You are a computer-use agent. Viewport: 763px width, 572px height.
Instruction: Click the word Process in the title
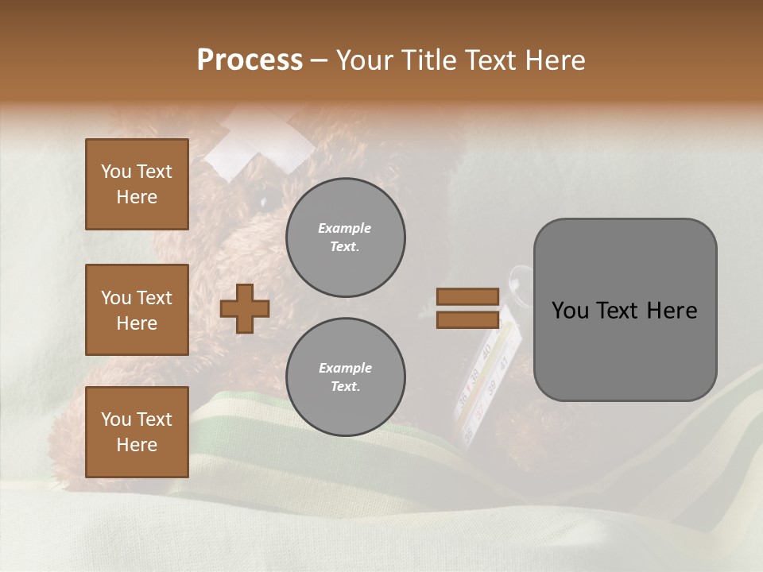pos(250,60)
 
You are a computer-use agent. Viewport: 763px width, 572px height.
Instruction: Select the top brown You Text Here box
pos(137,184)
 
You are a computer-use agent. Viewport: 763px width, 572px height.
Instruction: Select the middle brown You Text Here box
pos(137,310)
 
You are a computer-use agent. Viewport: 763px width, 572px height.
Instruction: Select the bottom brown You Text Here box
pos(137,432)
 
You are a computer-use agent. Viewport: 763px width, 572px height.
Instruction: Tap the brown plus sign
pos(245,308)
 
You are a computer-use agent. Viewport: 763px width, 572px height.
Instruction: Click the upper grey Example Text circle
pos(345,238)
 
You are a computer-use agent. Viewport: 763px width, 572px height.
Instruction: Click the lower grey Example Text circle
pos(345,377)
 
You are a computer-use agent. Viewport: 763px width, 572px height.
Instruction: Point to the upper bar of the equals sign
pos(467,296)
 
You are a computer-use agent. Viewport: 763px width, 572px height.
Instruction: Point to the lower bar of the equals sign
pos(467,319)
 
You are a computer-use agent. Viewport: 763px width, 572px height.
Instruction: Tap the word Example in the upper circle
pos(345,228)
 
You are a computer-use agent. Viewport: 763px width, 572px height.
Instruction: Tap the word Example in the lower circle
pos(345,368)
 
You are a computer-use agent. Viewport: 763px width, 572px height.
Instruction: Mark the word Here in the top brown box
pos(137,197)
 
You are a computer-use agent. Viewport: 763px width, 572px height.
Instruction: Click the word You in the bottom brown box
pos(115,419)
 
